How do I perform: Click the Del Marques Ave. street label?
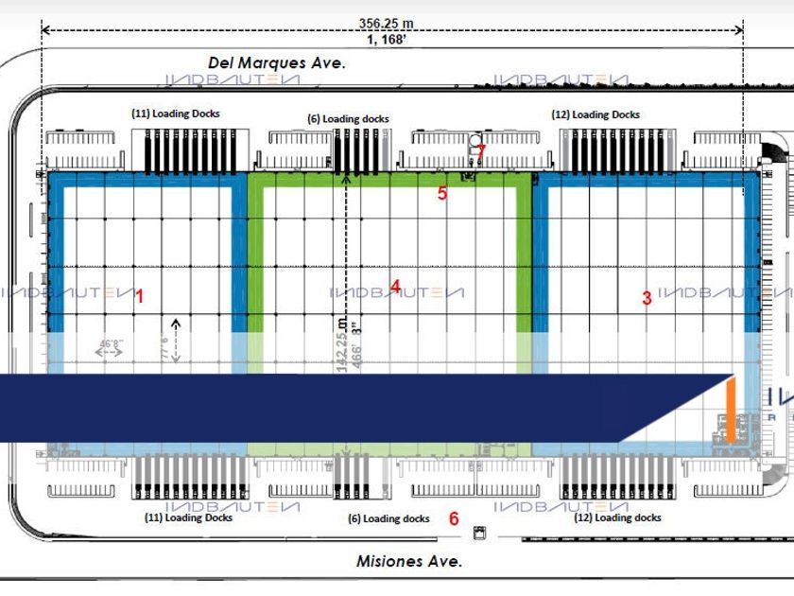point(277,62)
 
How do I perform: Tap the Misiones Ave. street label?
point(409,561)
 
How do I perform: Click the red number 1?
point(140,296)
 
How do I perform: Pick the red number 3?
point(647,299)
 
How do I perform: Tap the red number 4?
point(396,286)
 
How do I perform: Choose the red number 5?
point(441,194)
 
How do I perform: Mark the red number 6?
point(454,518)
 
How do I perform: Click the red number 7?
point(481,150)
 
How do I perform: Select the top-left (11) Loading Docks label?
point(175,114)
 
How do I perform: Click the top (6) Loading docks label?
point(348,119)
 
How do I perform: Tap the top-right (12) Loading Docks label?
point(595,114)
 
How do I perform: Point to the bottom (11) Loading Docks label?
point(187,517)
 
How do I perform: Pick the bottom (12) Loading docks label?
point(616,517)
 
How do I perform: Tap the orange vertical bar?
point(730,409)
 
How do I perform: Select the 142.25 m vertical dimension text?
point(343,346)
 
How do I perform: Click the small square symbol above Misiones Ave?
point(477,533)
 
